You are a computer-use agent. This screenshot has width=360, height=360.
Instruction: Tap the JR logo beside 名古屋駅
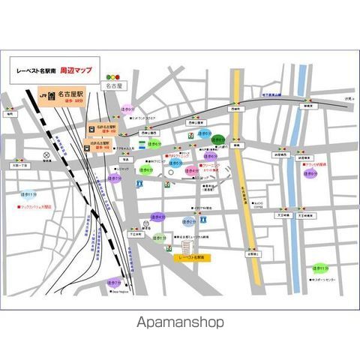click(45, 96)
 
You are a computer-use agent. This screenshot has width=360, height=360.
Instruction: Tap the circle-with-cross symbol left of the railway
click(46, 158)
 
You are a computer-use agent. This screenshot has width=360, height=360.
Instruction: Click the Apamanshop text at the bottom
click(179, 323)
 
